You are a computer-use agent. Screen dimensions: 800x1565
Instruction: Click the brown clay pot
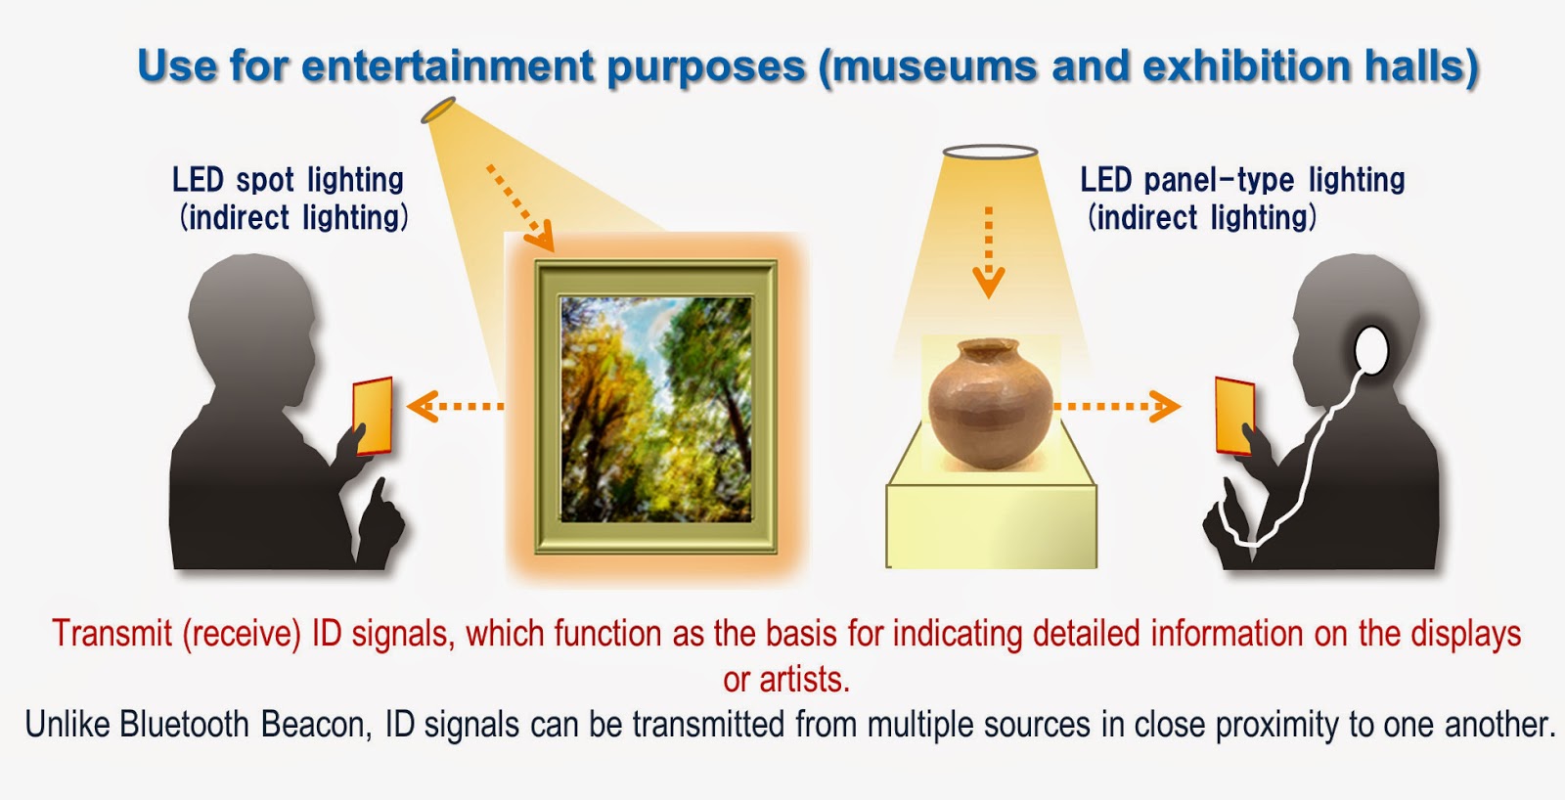click(x=990, y=404)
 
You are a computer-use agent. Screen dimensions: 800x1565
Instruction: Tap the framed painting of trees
click(x=656, y=408)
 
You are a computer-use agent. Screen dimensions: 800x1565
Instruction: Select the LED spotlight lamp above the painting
click(x=438, y=111)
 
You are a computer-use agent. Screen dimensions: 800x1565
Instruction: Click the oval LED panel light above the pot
click(x=990, y=153)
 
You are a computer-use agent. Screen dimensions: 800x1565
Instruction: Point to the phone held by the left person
click(x=373, y=416)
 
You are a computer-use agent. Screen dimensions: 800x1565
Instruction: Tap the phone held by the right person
click(x=1234, y=416)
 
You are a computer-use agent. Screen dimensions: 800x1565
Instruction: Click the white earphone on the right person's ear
click(x=1372, y=350)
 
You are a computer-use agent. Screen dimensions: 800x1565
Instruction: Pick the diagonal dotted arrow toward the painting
click(x=520, y=207)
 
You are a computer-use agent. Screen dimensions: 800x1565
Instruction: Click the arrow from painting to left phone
click(x=455, y=406)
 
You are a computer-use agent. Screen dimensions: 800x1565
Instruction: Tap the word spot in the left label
click(x=265, y=180)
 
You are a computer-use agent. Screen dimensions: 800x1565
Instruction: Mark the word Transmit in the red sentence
click(x=112, y=634)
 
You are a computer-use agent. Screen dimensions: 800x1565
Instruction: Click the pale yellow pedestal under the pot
click(x=991, y=523)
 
